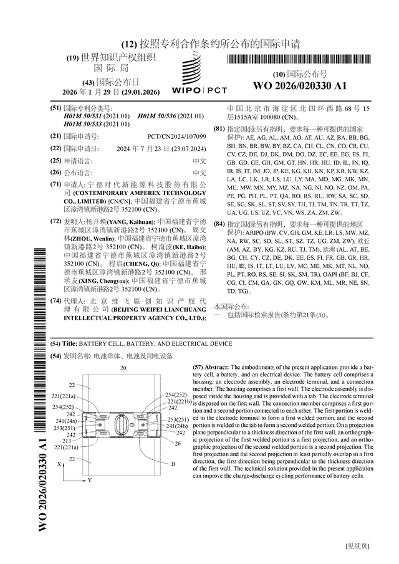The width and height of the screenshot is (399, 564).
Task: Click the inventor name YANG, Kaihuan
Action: (130, 222)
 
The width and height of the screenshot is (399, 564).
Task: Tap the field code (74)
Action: (55, 300)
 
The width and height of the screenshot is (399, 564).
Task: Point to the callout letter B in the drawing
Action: (173, 464)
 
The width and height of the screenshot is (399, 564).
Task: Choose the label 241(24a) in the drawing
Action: (66, 421)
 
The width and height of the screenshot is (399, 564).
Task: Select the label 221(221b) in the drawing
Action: (180, 401)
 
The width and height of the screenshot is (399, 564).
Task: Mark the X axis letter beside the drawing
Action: (59, 464)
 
